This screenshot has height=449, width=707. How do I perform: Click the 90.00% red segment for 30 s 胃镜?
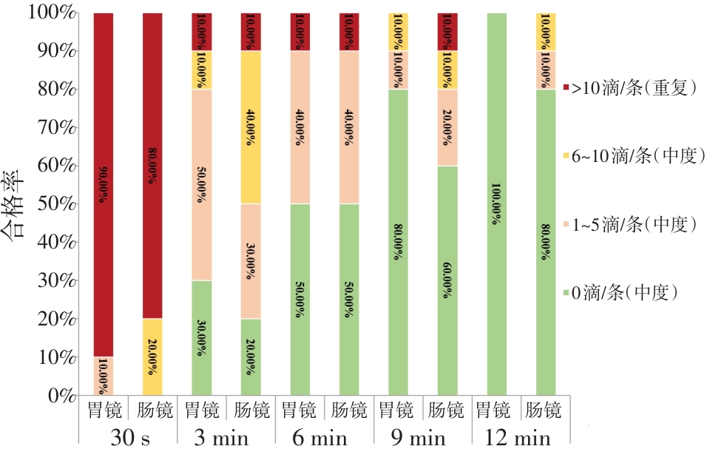tap(104, 185)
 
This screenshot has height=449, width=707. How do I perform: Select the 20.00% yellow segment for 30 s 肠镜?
tap(152, 357)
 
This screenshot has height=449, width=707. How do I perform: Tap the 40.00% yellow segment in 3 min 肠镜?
tap(250, 127)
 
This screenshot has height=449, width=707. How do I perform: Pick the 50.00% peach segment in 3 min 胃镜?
tap(201, 185)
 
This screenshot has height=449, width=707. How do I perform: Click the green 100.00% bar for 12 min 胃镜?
tap(496, 204)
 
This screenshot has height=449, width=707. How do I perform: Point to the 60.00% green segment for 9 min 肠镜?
tap(447, 280)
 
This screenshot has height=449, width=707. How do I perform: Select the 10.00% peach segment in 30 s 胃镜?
tap(104, 377)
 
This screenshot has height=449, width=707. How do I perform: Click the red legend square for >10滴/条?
tap(567, 89)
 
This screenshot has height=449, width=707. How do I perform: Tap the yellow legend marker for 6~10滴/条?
tap(567, 156)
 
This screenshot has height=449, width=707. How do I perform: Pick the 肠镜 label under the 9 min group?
tap(447, 409)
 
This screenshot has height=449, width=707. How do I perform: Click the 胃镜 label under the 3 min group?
tap(201, 409)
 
